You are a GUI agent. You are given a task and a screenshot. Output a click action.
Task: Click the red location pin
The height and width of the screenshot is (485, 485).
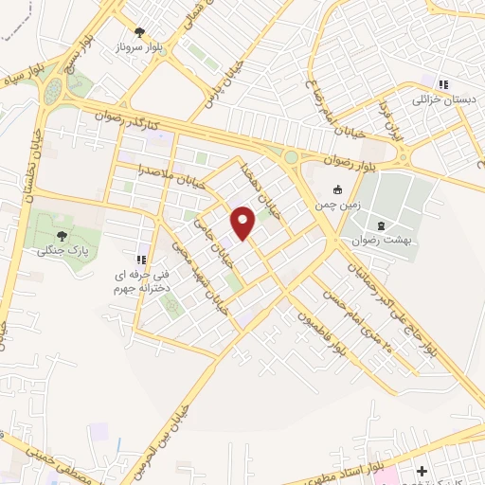243,224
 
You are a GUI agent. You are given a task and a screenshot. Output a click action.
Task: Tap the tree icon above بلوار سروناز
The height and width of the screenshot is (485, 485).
140,32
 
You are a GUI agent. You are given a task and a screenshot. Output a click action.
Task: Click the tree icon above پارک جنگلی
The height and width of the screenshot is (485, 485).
63,236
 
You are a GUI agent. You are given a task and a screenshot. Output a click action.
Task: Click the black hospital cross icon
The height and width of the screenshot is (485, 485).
422,471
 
